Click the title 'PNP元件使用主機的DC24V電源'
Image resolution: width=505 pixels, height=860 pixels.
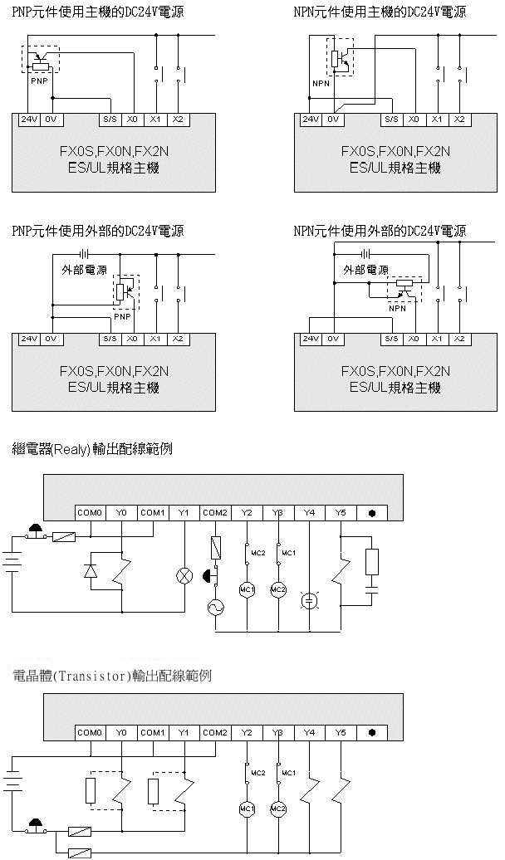click(98, 12)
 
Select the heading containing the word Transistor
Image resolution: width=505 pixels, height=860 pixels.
click(111, 677)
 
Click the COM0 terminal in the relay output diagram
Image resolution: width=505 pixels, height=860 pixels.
click(91, 513)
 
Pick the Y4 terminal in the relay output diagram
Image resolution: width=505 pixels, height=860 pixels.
click(310, 513)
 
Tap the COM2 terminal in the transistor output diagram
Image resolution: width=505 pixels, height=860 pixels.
click(215, 733)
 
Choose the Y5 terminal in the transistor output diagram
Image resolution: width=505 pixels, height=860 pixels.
click(341, 733)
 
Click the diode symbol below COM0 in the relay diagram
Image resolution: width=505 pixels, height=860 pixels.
click(90, 571)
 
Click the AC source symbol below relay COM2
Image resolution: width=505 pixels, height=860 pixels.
click(215, 607)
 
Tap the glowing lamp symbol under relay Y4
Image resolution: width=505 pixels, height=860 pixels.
click(310, 599)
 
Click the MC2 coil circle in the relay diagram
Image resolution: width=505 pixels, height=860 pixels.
click(278, 590)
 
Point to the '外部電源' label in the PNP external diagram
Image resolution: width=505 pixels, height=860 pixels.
click(85, 270)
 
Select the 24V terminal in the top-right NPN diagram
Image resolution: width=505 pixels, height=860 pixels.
click(311, 120)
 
